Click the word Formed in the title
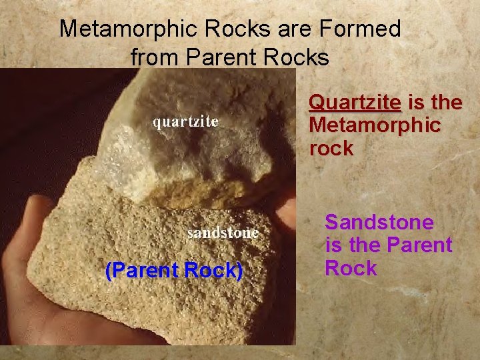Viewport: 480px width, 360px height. pyautogui.click(x=367, y=29)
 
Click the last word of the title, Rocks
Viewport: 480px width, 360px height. pyautogui.click(x=296, y=57)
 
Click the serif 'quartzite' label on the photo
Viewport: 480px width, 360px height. pyautogui.click(x=186, y=122)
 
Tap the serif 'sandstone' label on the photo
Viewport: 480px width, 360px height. pyautogui.click(x=223, y=233)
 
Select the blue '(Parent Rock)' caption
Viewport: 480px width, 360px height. pyautogui.click(x=174, y=271)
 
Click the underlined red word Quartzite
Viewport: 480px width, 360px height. pyautogui.click(x=355, y=103)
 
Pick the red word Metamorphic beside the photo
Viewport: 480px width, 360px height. pyautogui.click(x=374, y=125)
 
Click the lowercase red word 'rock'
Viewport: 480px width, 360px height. pyautogui.click(x=331, y=148)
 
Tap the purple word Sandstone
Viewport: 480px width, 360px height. pyautogui.click(x=379, y=222)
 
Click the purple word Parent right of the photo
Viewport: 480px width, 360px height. pyautogui.click(x=419, y=245)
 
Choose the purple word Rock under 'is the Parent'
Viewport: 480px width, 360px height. pyautogui.click(x=351, y=269)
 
